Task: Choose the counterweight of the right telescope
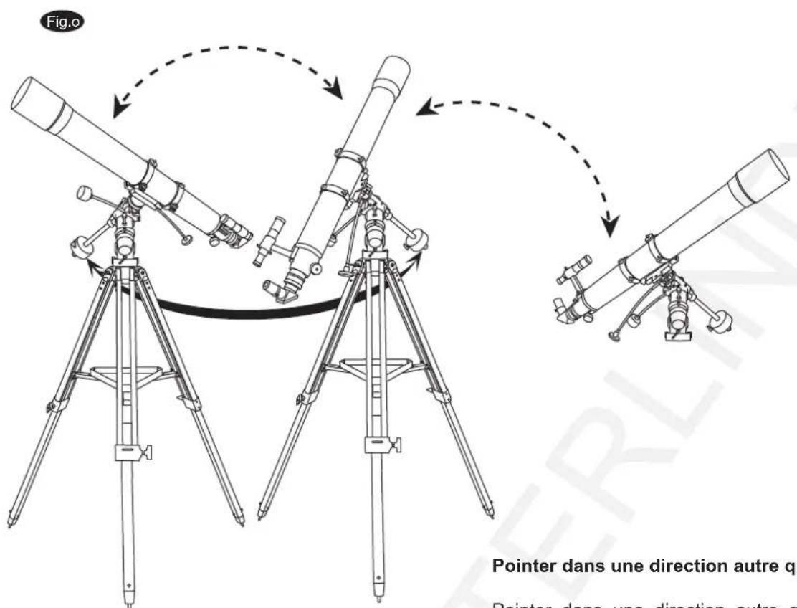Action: coord(717,318)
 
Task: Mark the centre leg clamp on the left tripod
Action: coord(130,453)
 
